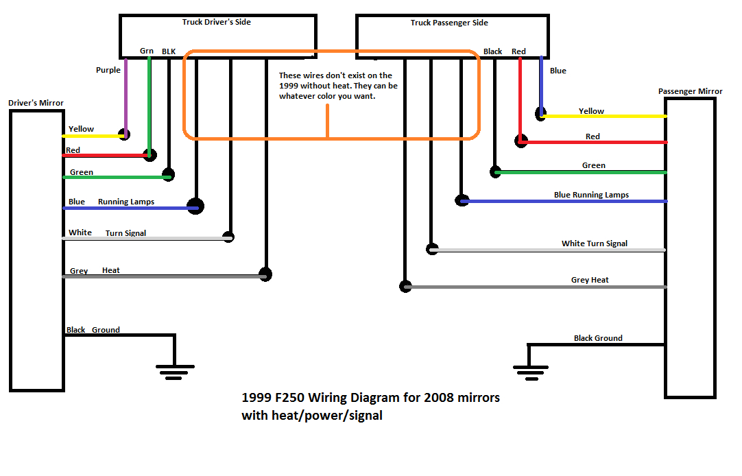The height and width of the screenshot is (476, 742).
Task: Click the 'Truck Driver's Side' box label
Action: (216, 22)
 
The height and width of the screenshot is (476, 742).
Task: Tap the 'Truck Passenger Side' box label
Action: (449, 23)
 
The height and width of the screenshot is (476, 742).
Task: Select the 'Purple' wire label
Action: (108, 70)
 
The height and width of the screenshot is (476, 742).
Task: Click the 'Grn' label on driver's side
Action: (147, 51)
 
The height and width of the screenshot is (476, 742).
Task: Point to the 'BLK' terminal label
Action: (169, 51)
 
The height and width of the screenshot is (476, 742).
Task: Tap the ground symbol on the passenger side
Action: (529, 370)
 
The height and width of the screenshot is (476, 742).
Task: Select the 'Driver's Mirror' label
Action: (36, 103)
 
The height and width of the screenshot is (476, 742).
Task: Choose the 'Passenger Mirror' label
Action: (690, 91)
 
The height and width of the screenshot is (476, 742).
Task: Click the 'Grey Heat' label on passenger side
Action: (590, 280)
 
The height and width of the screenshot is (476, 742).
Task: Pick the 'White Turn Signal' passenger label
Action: (594, 243)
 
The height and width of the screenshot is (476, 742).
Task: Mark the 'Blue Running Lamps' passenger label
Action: (591, 195)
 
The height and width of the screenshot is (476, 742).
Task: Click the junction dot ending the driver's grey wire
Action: (265, 274)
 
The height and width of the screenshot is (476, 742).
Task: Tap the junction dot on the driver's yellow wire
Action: (124, 134)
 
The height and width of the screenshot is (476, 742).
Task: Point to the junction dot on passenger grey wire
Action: (405, 287)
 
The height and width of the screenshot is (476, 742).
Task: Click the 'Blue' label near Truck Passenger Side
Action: (558, 71)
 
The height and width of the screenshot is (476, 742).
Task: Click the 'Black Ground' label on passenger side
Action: (598, 338)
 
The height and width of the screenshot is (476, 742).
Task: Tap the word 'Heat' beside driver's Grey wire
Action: (111, 271)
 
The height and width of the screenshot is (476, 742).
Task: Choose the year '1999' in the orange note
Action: (290, 86)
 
